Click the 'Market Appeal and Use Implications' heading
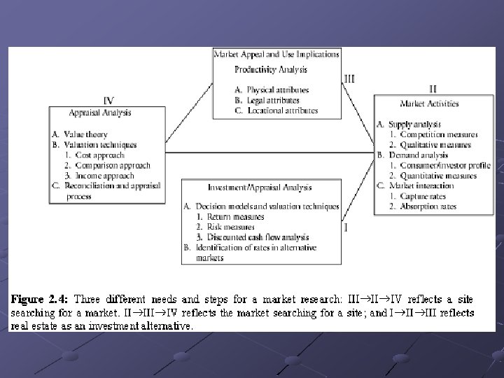click(276, 54)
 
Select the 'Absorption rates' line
click(428, 206)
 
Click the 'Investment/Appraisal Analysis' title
click(260, 187)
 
